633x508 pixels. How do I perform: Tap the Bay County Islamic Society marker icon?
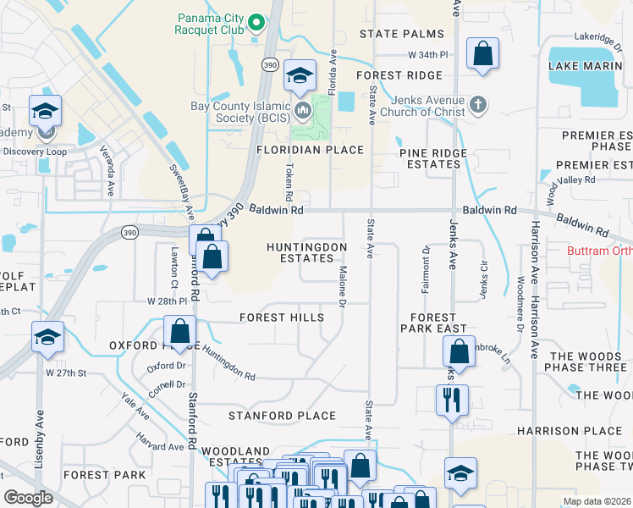pos(303,109)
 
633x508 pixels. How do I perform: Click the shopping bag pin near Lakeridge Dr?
pos(482,53)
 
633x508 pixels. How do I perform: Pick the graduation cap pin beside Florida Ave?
pos(300,75)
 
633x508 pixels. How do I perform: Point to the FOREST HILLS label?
pos(282,317)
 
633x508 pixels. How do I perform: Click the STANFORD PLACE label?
pos(282,416)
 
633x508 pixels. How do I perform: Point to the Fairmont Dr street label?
pos(426,262)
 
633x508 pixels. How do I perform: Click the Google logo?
pos(28,498)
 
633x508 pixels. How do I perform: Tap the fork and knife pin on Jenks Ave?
pos(449,397)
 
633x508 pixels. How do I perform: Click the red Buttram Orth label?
pos(598,252)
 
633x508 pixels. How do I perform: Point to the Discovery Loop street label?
pos(34,152)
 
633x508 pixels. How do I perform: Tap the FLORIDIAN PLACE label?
pos(310,150)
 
